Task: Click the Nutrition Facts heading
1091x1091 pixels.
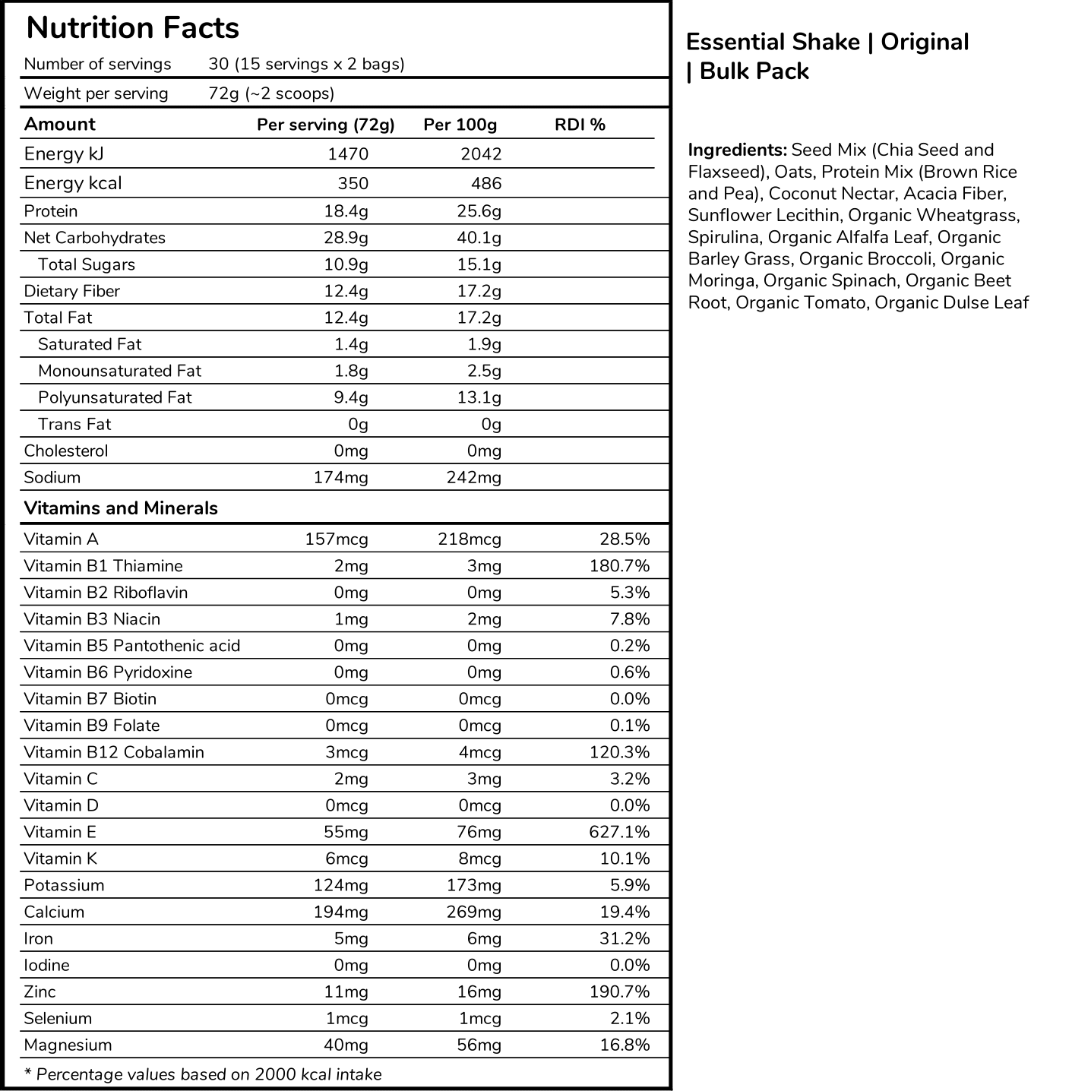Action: click(x=132, y=28)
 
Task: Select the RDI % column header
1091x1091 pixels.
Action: click(x=580, y=125)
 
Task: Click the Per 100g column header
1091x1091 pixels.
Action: click(x=460, y=125)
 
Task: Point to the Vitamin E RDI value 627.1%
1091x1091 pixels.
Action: click(x=619, y=832)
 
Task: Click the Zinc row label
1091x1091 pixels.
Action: click(x=40, y=991)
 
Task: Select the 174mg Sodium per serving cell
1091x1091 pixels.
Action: click(x=340, y=477)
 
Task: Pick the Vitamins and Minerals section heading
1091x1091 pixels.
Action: click(x=121, y=508)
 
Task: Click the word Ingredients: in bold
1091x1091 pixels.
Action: click(x=737, y=150)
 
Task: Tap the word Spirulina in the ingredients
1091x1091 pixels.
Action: click(x=723, y=237)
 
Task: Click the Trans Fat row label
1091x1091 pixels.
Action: click(x=74, y=424)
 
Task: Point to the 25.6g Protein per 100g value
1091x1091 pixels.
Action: click(x=479, y=211)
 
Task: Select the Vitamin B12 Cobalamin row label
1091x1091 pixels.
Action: click(x=114, y=752)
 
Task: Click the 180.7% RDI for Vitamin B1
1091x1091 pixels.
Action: click(x=619, y=566)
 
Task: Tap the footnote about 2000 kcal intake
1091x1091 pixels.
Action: click(x=203, y=1074)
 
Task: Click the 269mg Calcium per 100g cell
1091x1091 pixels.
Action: click(x=473, y=912)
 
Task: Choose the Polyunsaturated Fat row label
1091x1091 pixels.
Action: click(x=115, y=397)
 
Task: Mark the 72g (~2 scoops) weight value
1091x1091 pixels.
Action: click(x=271, y=93)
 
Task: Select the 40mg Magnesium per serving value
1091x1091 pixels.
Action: click(x=346, y=1045)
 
